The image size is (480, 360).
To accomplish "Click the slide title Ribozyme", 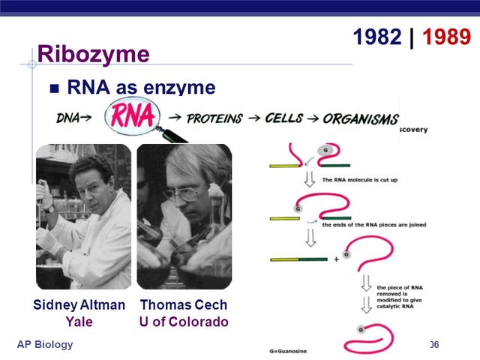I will pyautogui.click(x=93, y=54).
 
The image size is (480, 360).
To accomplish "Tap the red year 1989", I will pyautogui.click(x=447, y=37).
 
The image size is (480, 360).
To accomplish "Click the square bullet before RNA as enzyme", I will pyautogui.click(x=54, y=88).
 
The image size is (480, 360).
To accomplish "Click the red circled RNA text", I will pyautogui.click(x=133, y=116).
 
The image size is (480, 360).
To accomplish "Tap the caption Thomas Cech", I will pyautogui.click(x=184, y=305).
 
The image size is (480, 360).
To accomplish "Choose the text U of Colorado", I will pyautogui.click(x=184, y=322).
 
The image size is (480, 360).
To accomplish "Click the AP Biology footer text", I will pyautogui.click(x=45, y=344).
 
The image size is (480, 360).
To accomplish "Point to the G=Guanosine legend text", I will pyautogui.click(x=301, y=350).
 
